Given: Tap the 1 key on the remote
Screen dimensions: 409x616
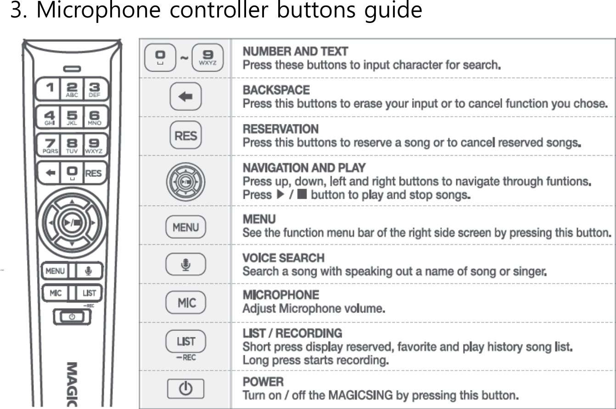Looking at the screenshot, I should (50, 89).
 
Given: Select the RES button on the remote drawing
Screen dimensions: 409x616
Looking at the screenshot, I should (94, 173).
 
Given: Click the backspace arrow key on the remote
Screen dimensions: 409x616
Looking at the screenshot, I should (50, 173).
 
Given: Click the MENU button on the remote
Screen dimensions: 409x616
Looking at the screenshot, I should (55, 271).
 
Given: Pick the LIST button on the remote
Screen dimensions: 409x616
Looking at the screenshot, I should (89, 293).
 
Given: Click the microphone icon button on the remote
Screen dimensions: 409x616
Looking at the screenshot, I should (89, 271).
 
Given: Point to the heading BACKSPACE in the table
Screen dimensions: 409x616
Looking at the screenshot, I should (276, 90).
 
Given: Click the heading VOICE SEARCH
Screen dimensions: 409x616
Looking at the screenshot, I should (283, 258).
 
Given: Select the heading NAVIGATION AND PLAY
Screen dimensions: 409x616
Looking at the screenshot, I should (304, 168).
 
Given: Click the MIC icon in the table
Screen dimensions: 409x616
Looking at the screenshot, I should (186, 303).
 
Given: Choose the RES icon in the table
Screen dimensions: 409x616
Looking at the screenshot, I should (186, 135).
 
